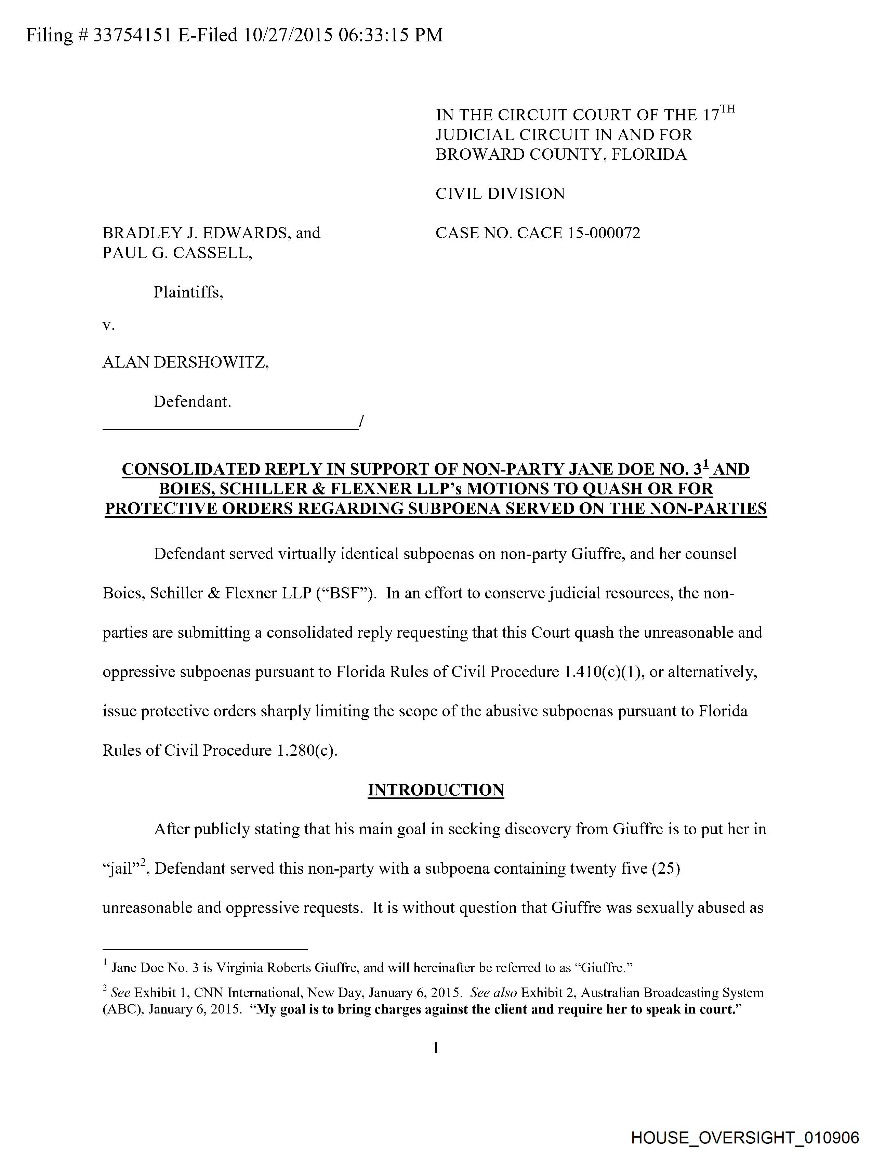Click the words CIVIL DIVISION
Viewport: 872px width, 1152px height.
coord(500,194)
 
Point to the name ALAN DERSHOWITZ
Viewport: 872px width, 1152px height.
coord(185,362)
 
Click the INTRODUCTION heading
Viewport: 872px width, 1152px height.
coord(435,790)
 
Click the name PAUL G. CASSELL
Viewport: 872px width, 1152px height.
coord(177,253)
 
